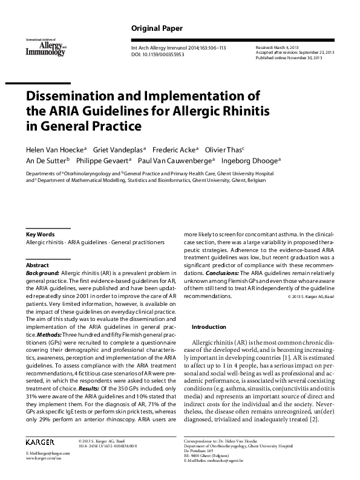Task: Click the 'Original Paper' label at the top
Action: tap(157, 29)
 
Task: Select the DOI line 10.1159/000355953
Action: tap(159, 54)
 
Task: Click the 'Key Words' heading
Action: tap(40, 234)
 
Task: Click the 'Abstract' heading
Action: tap(38, 265)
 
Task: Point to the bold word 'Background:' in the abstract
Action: tap(42, 273)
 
